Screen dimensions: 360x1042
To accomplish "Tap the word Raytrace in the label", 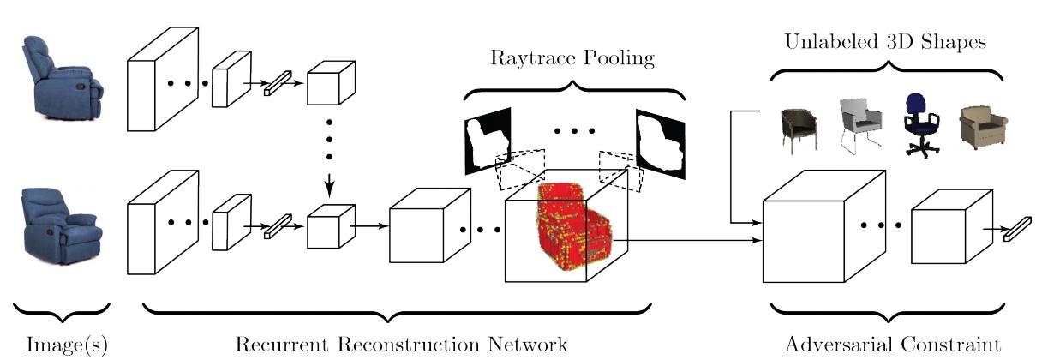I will (x=527, y=59).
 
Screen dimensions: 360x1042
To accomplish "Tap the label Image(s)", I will (x=60, y=345).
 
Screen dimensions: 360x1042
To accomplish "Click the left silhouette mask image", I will (x=485, y=140).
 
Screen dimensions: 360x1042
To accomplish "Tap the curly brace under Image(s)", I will (x=62, y=308).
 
